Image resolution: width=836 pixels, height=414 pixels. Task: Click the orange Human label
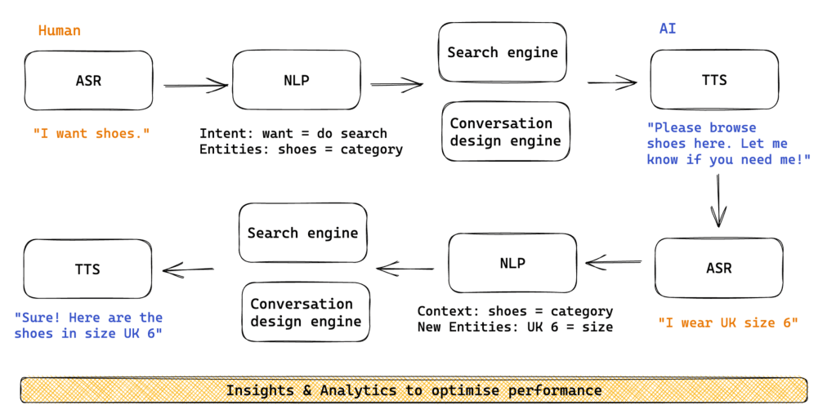60,31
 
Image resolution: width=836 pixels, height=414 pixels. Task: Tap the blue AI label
668,29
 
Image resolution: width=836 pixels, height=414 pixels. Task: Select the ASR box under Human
88,81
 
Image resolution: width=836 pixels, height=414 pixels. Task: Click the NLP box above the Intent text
297,81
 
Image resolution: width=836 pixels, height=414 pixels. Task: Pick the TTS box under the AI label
714,80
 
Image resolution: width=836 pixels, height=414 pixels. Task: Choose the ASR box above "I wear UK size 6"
719,268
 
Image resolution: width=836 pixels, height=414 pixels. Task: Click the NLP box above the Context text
512,263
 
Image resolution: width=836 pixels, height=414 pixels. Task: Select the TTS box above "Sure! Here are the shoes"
87,269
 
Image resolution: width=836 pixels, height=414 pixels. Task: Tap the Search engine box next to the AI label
503,52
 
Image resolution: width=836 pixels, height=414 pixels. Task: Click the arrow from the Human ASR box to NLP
196,84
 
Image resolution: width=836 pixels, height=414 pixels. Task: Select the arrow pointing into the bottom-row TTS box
189,269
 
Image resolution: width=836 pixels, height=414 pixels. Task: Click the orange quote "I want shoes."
92,133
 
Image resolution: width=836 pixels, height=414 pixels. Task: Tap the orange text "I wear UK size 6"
727,323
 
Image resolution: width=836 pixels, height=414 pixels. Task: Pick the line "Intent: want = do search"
293,133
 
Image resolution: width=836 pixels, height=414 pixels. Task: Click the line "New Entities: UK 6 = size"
515,327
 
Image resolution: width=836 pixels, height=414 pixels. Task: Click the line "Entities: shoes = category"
301,149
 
